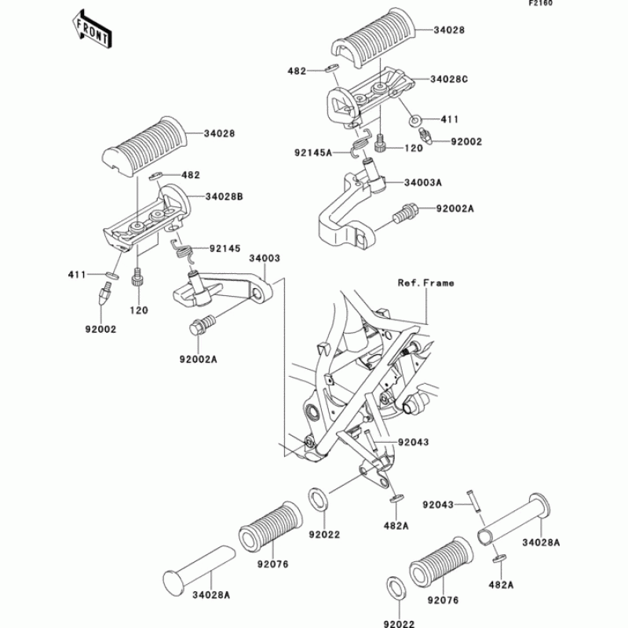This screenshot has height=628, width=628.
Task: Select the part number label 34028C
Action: (x=450, y=79)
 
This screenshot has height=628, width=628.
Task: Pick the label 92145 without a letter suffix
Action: (x=224, y=250)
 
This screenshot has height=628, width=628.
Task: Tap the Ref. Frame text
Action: (x=425, y=283)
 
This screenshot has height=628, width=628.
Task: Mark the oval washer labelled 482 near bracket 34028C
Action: (x=332, y=70)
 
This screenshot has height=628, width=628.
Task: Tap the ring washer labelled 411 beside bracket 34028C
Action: (x=414, y=121)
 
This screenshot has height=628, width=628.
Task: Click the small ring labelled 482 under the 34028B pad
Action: (x=155, y=177)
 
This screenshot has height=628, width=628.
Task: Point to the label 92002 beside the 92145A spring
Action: (x=466, y=141)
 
